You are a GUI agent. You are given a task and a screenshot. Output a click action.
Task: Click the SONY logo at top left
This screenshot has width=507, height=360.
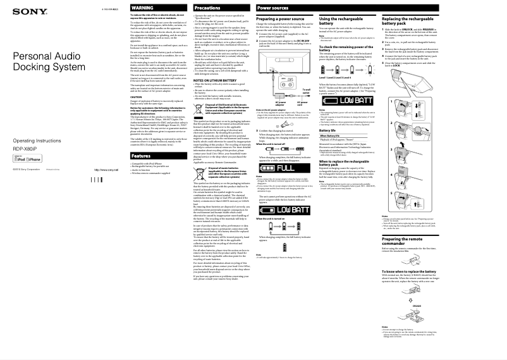(26, 11)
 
